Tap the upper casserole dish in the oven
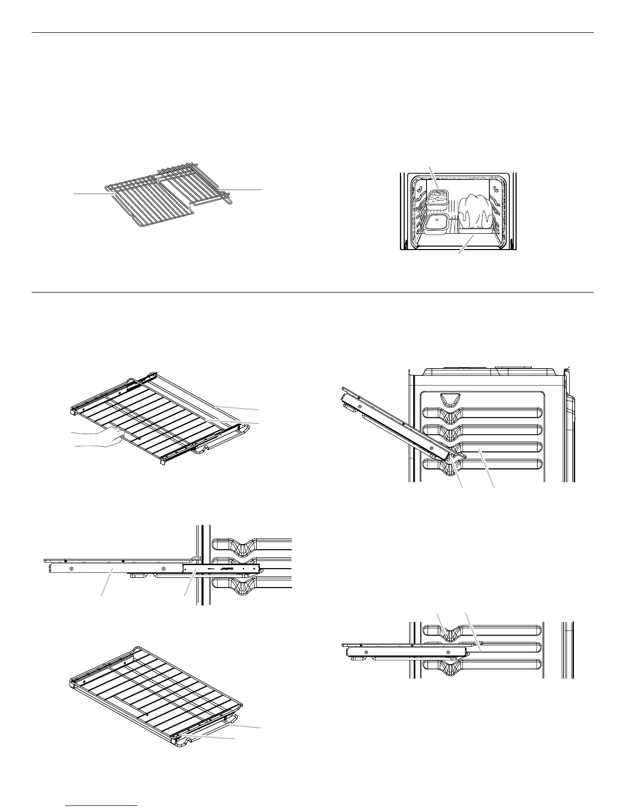click(x=438, y=196)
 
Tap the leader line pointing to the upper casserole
click(x=433, y=176)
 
